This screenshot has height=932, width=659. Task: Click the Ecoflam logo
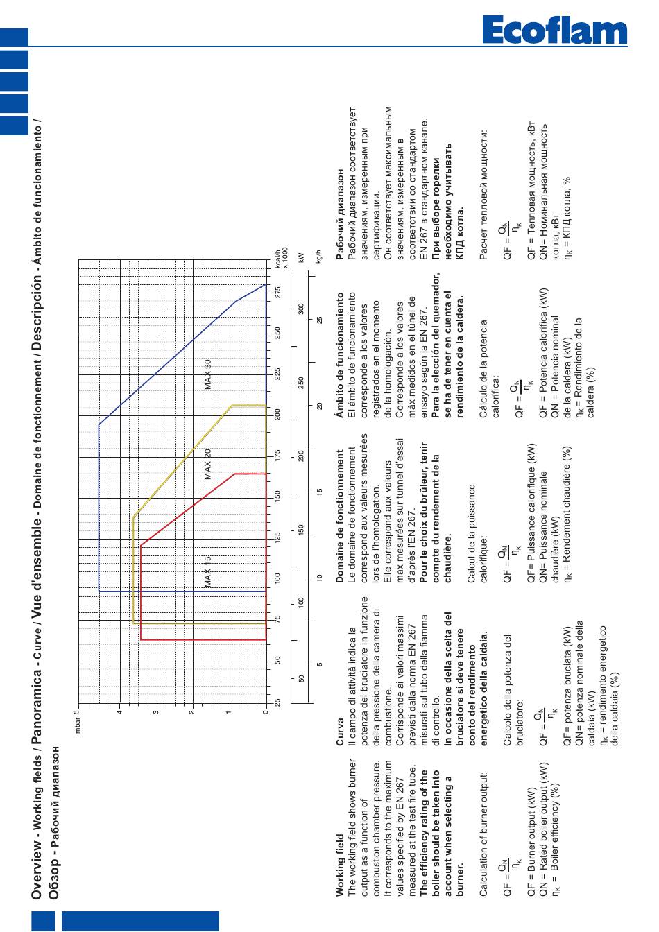click(x=554, y=30)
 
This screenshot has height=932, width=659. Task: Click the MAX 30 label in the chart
click(x=208, y=374)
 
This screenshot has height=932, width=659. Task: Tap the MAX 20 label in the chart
click(x=208, y=464)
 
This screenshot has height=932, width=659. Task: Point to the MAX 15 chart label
click(x=208, y=572)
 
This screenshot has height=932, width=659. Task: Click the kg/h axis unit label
click(x=319, y=257)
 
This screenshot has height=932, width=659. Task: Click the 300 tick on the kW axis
click(x=301, y=309)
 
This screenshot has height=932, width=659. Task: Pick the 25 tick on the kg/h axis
click(x=319, y=320)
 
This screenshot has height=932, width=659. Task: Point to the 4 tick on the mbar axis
click(x=119, y=712)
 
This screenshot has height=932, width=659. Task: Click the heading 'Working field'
click(x=341, y=865)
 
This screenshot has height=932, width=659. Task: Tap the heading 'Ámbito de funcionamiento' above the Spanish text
click(x=341, y=355)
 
